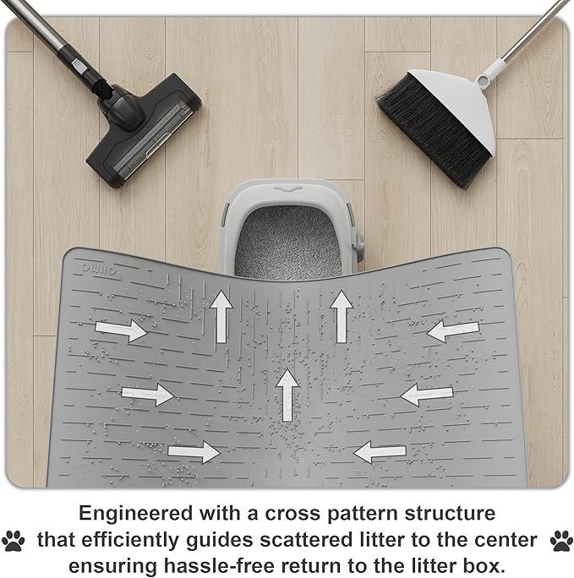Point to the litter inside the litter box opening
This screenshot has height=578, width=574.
click(x=288, y=242)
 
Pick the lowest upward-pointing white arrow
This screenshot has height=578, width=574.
click(x=287, y=395)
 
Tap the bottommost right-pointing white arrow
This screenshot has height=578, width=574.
click(x=194, y=451)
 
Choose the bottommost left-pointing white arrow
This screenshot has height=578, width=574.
click(x=380, y=452)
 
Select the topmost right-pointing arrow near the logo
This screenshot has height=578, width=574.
click(x=121, y=330)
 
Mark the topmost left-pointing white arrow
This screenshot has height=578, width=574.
click(x=453, y=330)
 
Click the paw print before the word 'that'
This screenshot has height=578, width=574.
click(x=14, y=541)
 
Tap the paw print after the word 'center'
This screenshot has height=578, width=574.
click(x=561, y=541)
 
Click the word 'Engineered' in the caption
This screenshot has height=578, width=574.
click(x=135, y=514)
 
